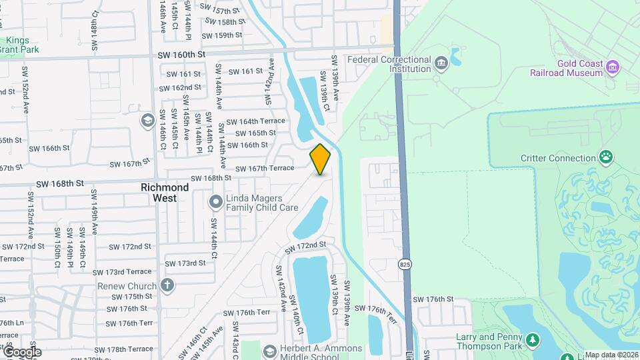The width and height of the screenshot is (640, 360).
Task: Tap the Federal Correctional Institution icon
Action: click(x=441, y=64)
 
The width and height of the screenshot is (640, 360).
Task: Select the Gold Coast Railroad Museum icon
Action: click(x=613, y=67)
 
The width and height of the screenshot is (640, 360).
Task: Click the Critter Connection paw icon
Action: click(x=606, y=158)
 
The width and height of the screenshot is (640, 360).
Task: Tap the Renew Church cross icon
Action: click(x=167, y=286)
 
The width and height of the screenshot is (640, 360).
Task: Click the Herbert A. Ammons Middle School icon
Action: click(x=269, y=351)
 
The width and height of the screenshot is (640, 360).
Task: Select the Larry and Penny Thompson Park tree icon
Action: click(x=533, y=342)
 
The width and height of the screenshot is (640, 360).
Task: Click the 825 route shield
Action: click(x=405, y=264)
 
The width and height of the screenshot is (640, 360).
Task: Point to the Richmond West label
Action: click(x=165, y=193)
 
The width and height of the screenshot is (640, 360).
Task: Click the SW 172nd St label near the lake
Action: click(x=305, y=246)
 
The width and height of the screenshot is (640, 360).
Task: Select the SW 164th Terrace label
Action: click(x=255, y=121)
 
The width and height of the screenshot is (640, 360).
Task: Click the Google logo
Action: click(x=21, y=352)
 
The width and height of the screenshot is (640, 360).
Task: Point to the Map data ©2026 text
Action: click(x=611, y=355)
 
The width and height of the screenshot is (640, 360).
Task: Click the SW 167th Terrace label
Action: click(x=264, y=168)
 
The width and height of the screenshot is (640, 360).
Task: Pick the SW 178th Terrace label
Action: click(x=124, y=349)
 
